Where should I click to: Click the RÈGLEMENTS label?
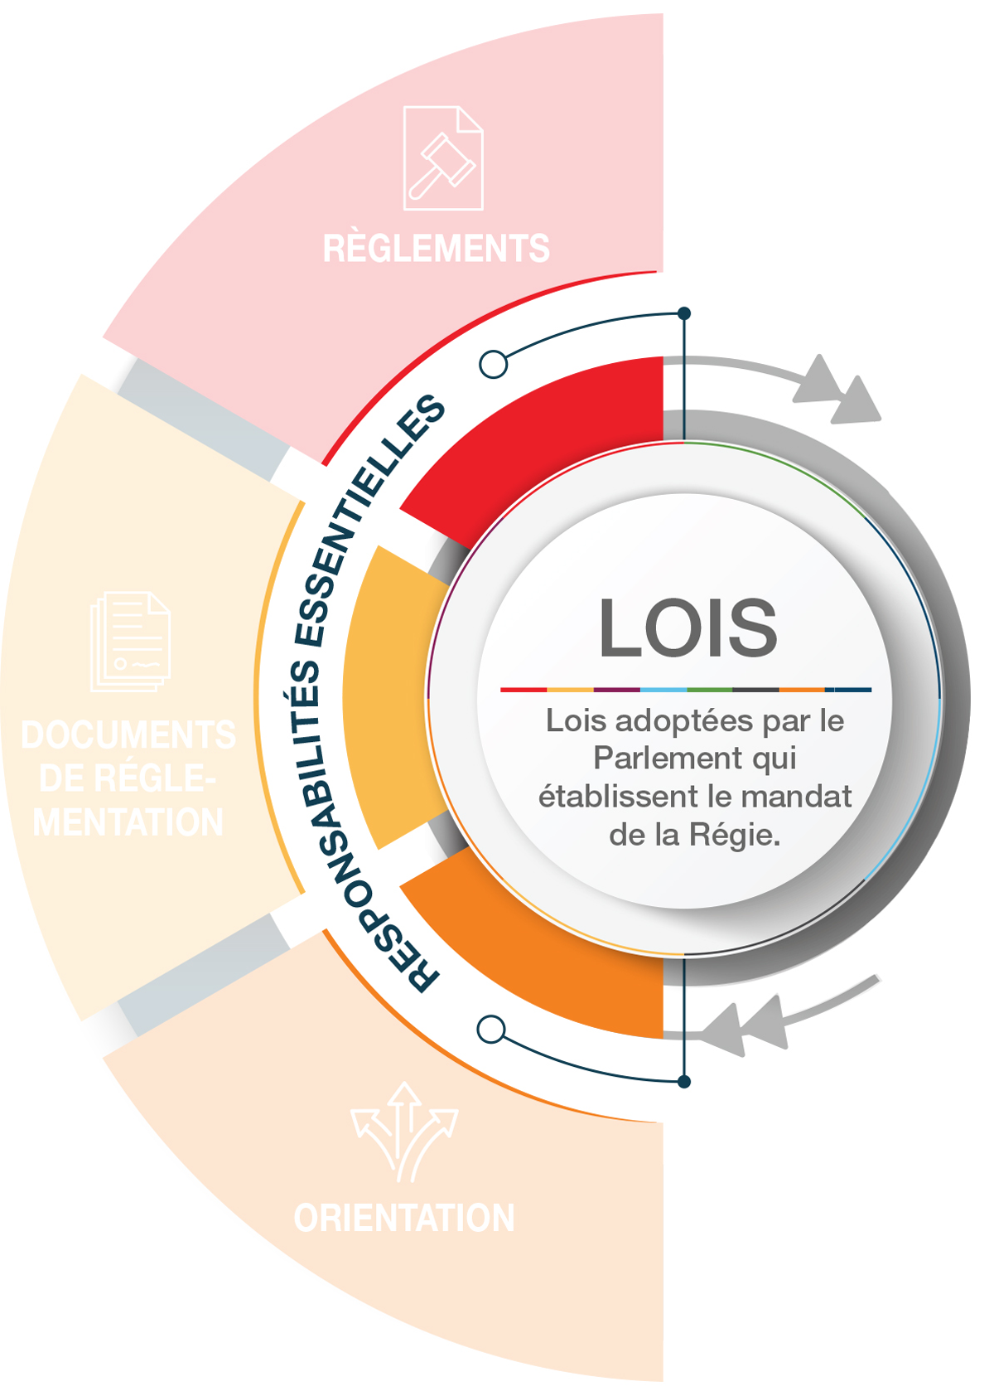click(436, 249)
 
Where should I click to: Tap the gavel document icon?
click(443, 158)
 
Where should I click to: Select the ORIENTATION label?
click(404, 1218)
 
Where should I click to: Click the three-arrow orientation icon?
click(404, 1132)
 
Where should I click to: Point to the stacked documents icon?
click(131, 642)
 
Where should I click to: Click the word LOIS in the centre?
click(688, 628)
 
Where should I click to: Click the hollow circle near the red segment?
click(494, 364)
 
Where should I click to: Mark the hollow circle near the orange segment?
click(492, 1030)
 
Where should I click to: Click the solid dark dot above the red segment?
click(684, 313)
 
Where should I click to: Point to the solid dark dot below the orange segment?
click(684, 1082)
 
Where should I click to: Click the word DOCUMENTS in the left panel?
click(128, 735)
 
